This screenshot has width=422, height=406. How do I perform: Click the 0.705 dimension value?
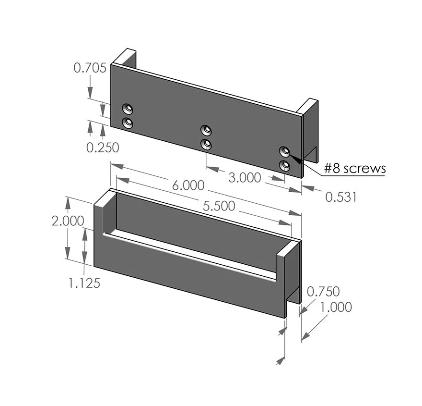tap(90, 68)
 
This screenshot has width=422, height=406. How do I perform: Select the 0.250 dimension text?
tap(103, 148)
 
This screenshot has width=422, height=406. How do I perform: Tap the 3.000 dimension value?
tap(245, 178)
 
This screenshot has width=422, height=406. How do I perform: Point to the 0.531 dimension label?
tap(341, 197)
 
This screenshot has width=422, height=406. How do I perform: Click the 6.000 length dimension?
tap(188, 185)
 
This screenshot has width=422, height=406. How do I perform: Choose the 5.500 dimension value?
tap(219, 206)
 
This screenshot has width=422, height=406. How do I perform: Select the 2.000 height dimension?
tap(68, 221)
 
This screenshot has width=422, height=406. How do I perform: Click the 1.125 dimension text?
tap(84, 283)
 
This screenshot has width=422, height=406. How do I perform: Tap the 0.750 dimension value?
tap(323, 291)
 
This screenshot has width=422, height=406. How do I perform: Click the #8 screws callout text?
tap(354, 168)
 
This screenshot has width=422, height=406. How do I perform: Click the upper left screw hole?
tap(128, 108)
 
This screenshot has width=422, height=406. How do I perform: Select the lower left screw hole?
tap(128, 123)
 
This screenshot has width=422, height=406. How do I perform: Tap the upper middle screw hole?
tap(206, 130)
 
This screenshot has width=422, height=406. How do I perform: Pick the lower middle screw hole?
tap(206, 144)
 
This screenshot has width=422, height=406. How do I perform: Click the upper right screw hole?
tap(285, 151)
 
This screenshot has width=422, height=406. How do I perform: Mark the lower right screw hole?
tap(285, 166)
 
